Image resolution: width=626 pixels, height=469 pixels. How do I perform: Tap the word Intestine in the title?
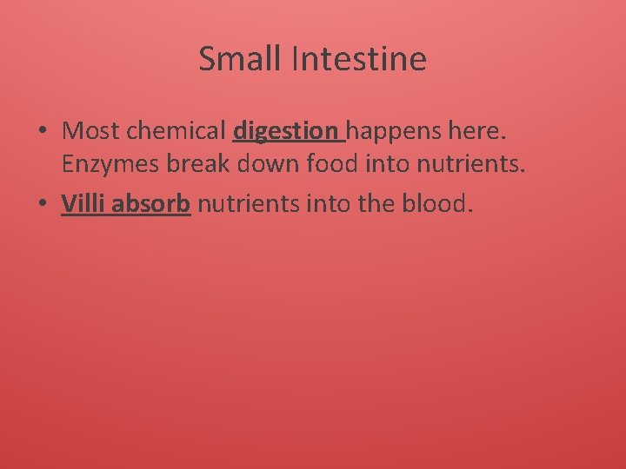[x=359, y=59]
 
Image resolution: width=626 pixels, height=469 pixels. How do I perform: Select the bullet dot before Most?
[x=42, y=132]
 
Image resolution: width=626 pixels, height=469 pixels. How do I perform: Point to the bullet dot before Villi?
[x=42, y=204]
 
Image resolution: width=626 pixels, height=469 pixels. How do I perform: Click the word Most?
[x=92, y=131]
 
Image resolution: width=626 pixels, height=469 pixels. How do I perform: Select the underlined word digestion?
[x=286, y=132]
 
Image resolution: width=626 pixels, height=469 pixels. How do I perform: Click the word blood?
[x=440, y=204]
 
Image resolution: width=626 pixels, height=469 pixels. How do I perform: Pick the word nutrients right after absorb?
[x=249, y=204]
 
